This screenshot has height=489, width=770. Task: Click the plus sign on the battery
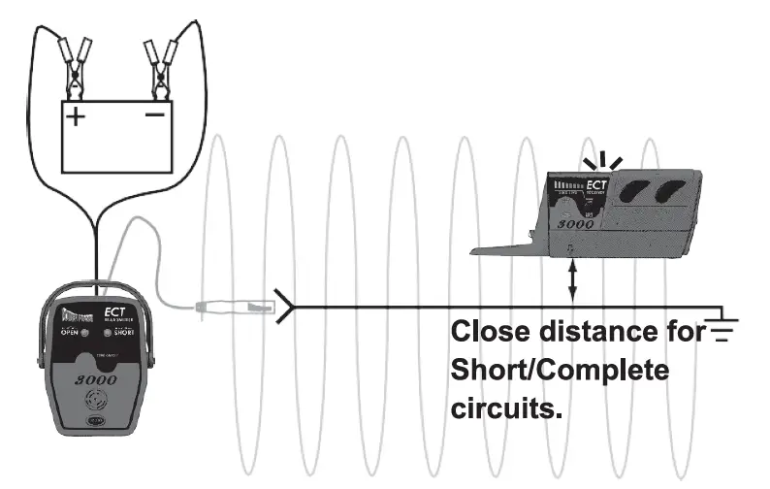click(75, 116)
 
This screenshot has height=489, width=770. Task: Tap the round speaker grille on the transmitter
click(97, 402)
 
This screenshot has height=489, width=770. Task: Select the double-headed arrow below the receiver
click(573, 282)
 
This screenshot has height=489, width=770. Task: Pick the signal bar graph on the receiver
click(570, 184)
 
